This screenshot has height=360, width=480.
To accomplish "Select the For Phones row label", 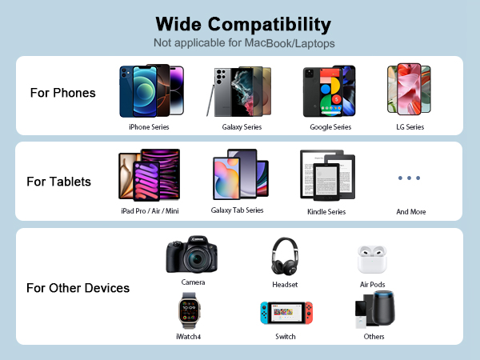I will point(62,93).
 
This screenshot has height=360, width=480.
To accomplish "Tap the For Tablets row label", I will point(59,182).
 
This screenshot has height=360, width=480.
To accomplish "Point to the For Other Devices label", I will point(78,288).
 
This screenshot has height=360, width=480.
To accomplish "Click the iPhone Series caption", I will point(149,126).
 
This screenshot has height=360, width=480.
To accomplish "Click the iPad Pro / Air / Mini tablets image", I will point(149,174).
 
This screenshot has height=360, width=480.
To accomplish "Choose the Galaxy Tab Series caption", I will point(237,210).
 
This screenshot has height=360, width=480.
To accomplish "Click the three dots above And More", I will point(409,178).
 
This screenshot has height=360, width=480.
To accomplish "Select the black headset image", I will point(285,257).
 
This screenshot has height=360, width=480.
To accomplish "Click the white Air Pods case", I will point(371,260).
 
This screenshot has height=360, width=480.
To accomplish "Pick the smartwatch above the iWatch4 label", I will point(189,311).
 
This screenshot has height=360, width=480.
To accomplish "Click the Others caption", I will point(374,337).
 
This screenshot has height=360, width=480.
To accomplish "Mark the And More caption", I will point(411,211).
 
